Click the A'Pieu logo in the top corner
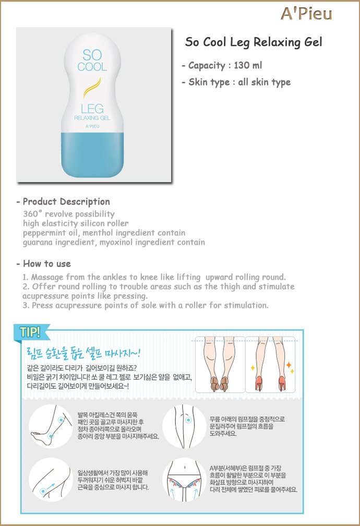click(x=306, y=14)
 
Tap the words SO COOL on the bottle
click(x=92, y=61)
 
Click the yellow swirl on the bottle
click(x=92, y=88)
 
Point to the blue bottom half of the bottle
click(x=92, y=154)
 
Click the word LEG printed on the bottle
click(x=92, y=109)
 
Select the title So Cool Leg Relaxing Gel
click(x=254, y=42)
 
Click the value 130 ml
click(x=248, y=65)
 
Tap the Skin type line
click(x=236, y=82)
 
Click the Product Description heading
click(x=63, y=201)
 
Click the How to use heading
click(x=44, y=264)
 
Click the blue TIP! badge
click(x=31, y=332)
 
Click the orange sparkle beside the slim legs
click(x=288, y=365)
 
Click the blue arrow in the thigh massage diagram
click(x=51, y=486)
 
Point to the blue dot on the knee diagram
click(x=188, y=420)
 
